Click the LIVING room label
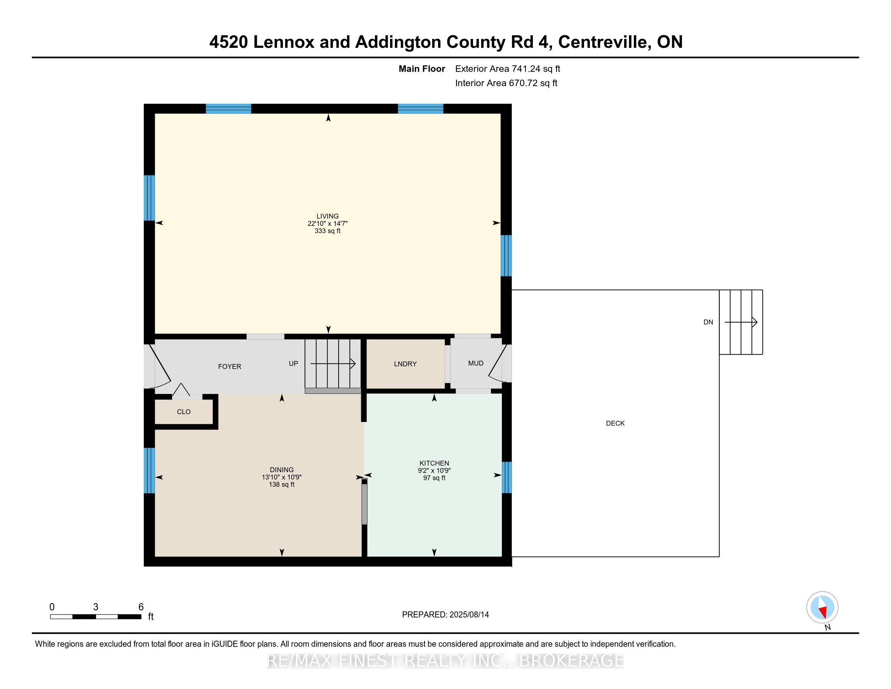tap(328, 216)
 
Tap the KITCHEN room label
tap(434, 463)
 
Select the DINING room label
tap(281, 470)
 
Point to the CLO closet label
tap(183, 412)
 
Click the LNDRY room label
tap(405, 364)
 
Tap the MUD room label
tap(476, 363)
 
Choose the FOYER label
tap(230, 366)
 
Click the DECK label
tap(615, 423)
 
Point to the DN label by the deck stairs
tap(708, 322)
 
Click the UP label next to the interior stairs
tap(293, 363)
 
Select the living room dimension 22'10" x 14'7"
tap(328, 224)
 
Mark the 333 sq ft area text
tap(328, 231)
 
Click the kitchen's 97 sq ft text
tap(434, 478)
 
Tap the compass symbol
tap(822, 607)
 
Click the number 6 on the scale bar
tap(141, 607)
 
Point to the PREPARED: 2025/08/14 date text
tap(446, 614)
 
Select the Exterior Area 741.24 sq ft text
tap(507, 68)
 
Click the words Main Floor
tap(422, 68)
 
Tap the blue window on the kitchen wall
tap(506, 477)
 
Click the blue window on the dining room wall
tap(149, 470)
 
